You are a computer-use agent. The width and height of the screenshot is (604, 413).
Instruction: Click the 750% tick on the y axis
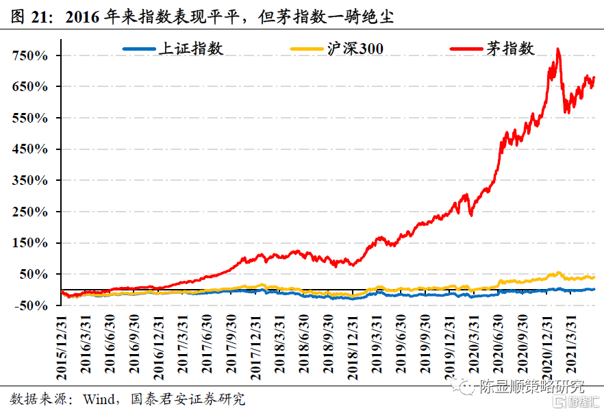click(x=30, y=55)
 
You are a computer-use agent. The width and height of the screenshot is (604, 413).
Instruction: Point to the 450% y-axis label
click(x=30, y=149)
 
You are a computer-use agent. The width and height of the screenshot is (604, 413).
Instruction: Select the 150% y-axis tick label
click(x=30, y=243)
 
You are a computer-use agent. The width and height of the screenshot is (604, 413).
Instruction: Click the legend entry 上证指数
click(x=172, y=49)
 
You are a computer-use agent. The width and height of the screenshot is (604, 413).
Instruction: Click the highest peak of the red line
click(x=559, y=49)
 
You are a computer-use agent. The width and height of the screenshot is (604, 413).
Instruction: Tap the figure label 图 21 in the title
click(x=28, y=15)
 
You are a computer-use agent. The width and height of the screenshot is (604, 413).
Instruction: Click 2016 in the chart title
click(x=82, y=15)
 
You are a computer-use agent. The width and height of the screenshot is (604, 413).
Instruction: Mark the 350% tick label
click(x=30, y=181)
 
